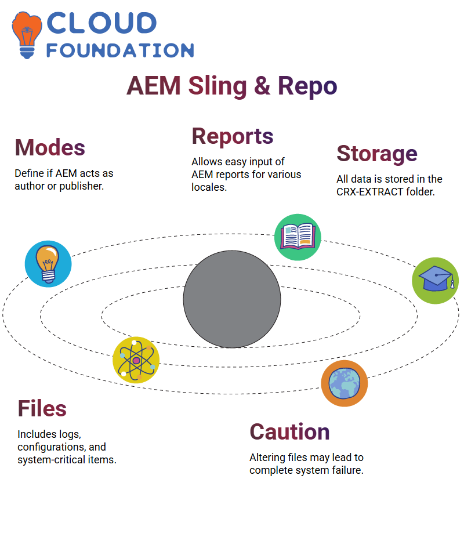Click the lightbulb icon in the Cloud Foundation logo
[x=27, y=35]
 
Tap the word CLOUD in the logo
[x=101, y=23]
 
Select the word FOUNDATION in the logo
[x=120, y=50]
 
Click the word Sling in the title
[x=218, y=86]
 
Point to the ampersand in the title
[x=262, y=86]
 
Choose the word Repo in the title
[x=307, y=86]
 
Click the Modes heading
[x=50, y=147]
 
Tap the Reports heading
[x=233, y=136]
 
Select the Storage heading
[x=377, y=154]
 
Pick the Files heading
[x=42, y=409]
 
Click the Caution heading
[x=289, y=432]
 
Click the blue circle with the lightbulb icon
[x=48, y=264]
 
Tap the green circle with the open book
[x=298, y=237]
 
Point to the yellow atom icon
[x=136, y=360]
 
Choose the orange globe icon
[x=345, y=383]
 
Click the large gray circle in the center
[x=232, y=299]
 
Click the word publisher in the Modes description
[x=81, y=186]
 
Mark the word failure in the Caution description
[x=348, y=470]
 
